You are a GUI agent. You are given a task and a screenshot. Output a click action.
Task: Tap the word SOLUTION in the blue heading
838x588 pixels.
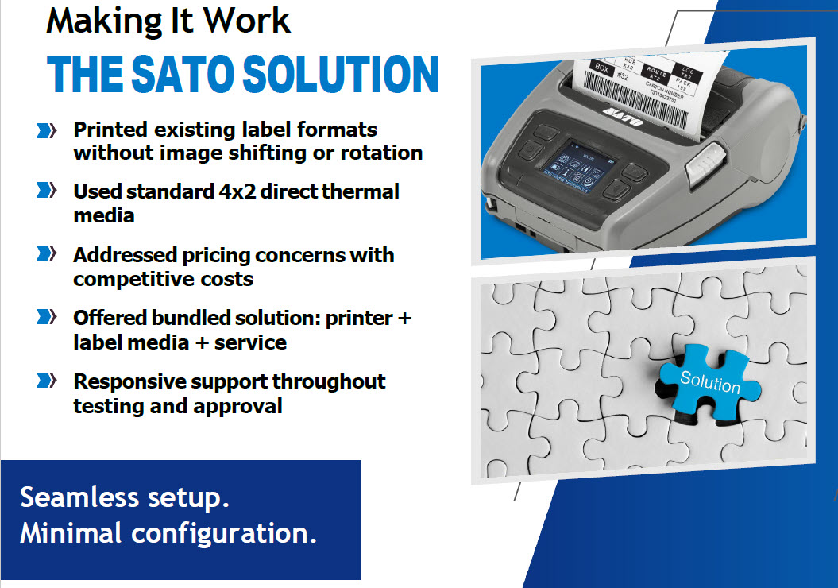(x=342, y=75)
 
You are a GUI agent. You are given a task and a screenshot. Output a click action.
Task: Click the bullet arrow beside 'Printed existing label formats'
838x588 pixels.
(x=47, y=130)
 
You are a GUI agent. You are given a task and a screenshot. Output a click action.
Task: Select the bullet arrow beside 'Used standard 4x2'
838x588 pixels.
(x=47, y=191)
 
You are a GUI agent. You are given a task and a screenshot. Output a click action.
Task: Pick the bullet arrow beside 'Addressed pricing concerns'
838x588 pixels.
(x=47, y=255)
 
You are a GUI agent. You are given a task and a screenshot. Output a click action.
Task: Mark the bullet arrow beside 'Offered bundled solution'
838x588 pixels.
(x=47, y=318)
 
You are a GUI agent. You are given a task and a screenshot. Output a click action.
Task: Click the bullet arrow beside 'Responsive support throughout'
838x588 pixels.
(x=47, y=381)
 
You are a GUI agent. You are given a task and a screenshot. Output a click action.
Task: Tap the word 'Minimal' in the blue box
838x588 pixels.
(x=70, y=533)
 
